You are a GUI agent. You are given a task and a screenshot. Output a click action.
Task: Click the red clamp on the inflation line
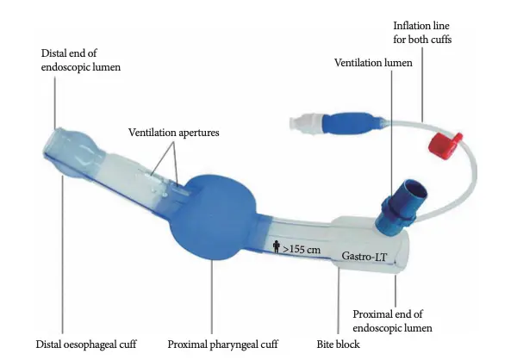pos(445,145)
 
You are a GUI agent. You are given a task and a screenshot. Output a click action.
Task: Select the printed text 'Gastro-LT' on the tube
pos(364,256)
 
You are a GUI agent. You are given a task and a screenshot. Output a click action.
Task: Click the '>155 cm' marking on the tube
pos(302,249)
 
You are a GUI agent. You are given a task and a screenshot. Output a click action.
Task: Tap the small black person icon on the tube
pos(277,246)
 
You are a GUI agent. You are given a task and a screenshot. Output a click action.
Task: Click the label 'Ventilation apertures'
pos(174,133)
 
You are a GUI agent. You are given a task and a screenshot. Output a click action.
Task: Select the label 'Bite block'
pos(339,344)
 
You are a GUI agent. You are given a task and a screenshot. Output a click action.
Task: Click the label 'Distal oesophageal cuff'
pos(86,344)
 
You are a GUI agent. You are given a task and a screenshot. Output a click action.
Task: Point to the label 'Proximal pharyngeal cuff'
pos(223,344)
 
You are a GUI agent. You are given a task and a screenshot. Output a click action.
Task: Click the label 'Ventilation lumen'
pos(373,63)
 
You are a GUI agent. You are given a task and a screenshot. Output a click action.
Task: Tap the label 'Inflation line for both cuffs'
pos(422,33)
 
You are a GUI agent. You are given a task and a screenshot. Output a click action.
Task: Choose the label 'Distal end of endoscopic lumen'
pos(81,60)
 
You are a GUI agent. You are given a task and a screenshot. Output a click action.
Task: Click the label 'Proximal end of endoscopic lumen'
pos(392,321)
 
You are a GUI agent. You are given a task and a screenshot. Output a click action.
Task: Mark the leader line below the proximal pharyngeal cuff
pos(212,298)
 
